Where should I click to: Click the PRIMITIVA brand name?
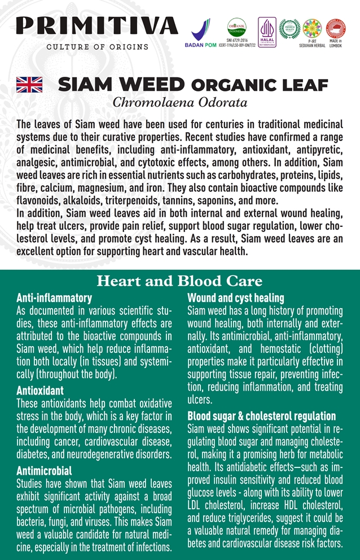point(96,25)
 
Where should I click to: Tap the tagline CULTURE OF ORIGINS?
point(97,47)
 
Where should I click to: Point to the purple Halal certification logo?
point(266,32)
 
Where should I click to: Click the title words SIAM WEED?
point(121,85)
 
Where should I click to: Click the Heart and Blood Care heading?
point(180,281)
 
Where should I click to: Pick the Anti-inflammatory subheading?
point(54,297)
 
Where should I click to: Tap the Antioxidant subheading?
point(40,391)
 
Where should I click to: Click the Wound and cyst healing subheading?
point(235,297)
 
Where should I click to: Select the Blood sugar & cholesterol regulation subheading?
point(261,416)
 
